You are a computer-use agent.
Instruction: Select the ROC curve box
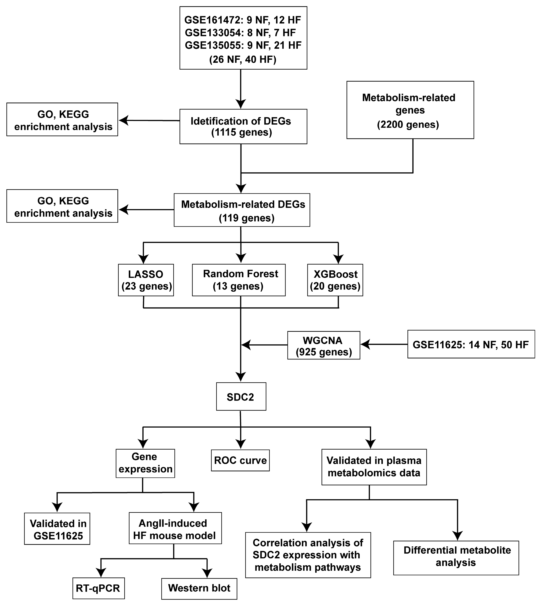coord(240,460)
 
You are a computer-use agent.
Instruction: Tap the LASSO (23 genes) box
coord(146,280)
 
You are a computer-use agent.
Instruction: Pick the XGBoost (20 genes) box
coord(335,280)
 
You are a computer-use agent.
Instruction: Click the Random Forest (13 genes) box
coord(239,280)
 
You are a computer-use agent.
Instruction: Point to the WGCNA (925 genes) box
coord(324,346)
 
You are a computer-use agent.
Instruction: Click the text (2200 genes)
coord(408,124)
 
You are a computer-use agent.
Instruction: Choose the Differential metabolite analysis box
coord(456,557)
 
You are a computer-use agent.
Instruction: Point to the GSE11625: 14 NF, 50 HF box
coord(471,344)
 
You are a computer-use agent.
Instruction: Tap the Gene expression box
coord(145,463)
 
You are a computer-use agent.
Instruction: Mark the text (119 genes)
coord(246,218)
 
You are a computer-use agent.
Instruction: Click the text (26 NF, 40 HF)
coord(243,60)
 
